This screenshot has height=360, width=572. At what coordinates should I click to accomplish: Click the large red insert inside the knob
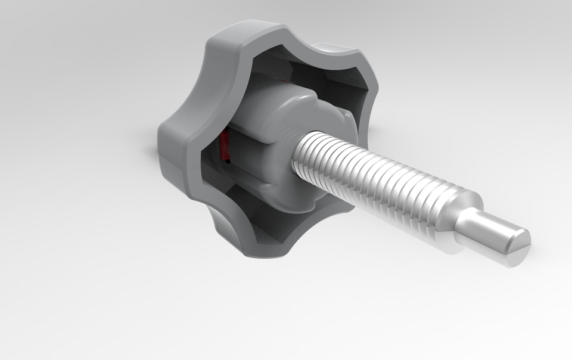coord(225,147)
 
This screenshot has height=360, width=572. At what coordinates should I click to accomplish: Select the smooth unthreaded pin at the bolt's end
coord(489,229)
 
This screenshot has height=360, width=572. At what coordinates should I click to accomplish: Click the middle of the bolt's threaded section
coord(381,185)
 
